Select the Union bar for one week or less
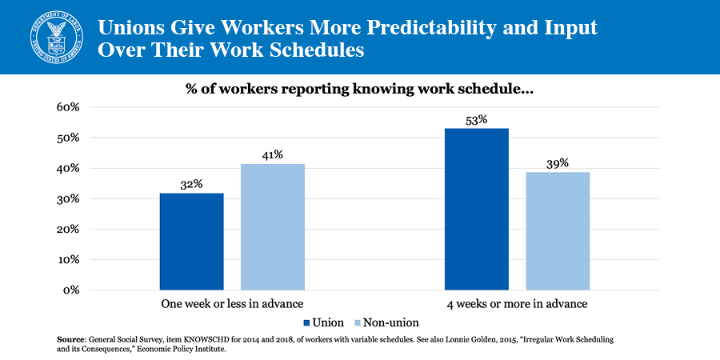(x=192, y=241)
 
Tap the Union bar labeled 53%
(x=477, y=209)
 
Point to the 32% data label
(x=192, y=183)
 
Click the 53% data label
(x=477, y=119)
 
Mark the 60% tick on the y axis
(x=67, y=107)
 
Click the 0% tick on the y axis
(x=70, y=290)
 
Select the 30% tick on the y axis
(x=67, y=198)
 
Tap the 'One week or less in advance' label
(x=232, y=304)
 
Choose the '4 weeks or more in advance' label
(x=517, y=304)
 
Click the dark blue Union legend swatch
(x=307, y=323)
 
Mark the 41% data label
(x=273, y=154)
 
